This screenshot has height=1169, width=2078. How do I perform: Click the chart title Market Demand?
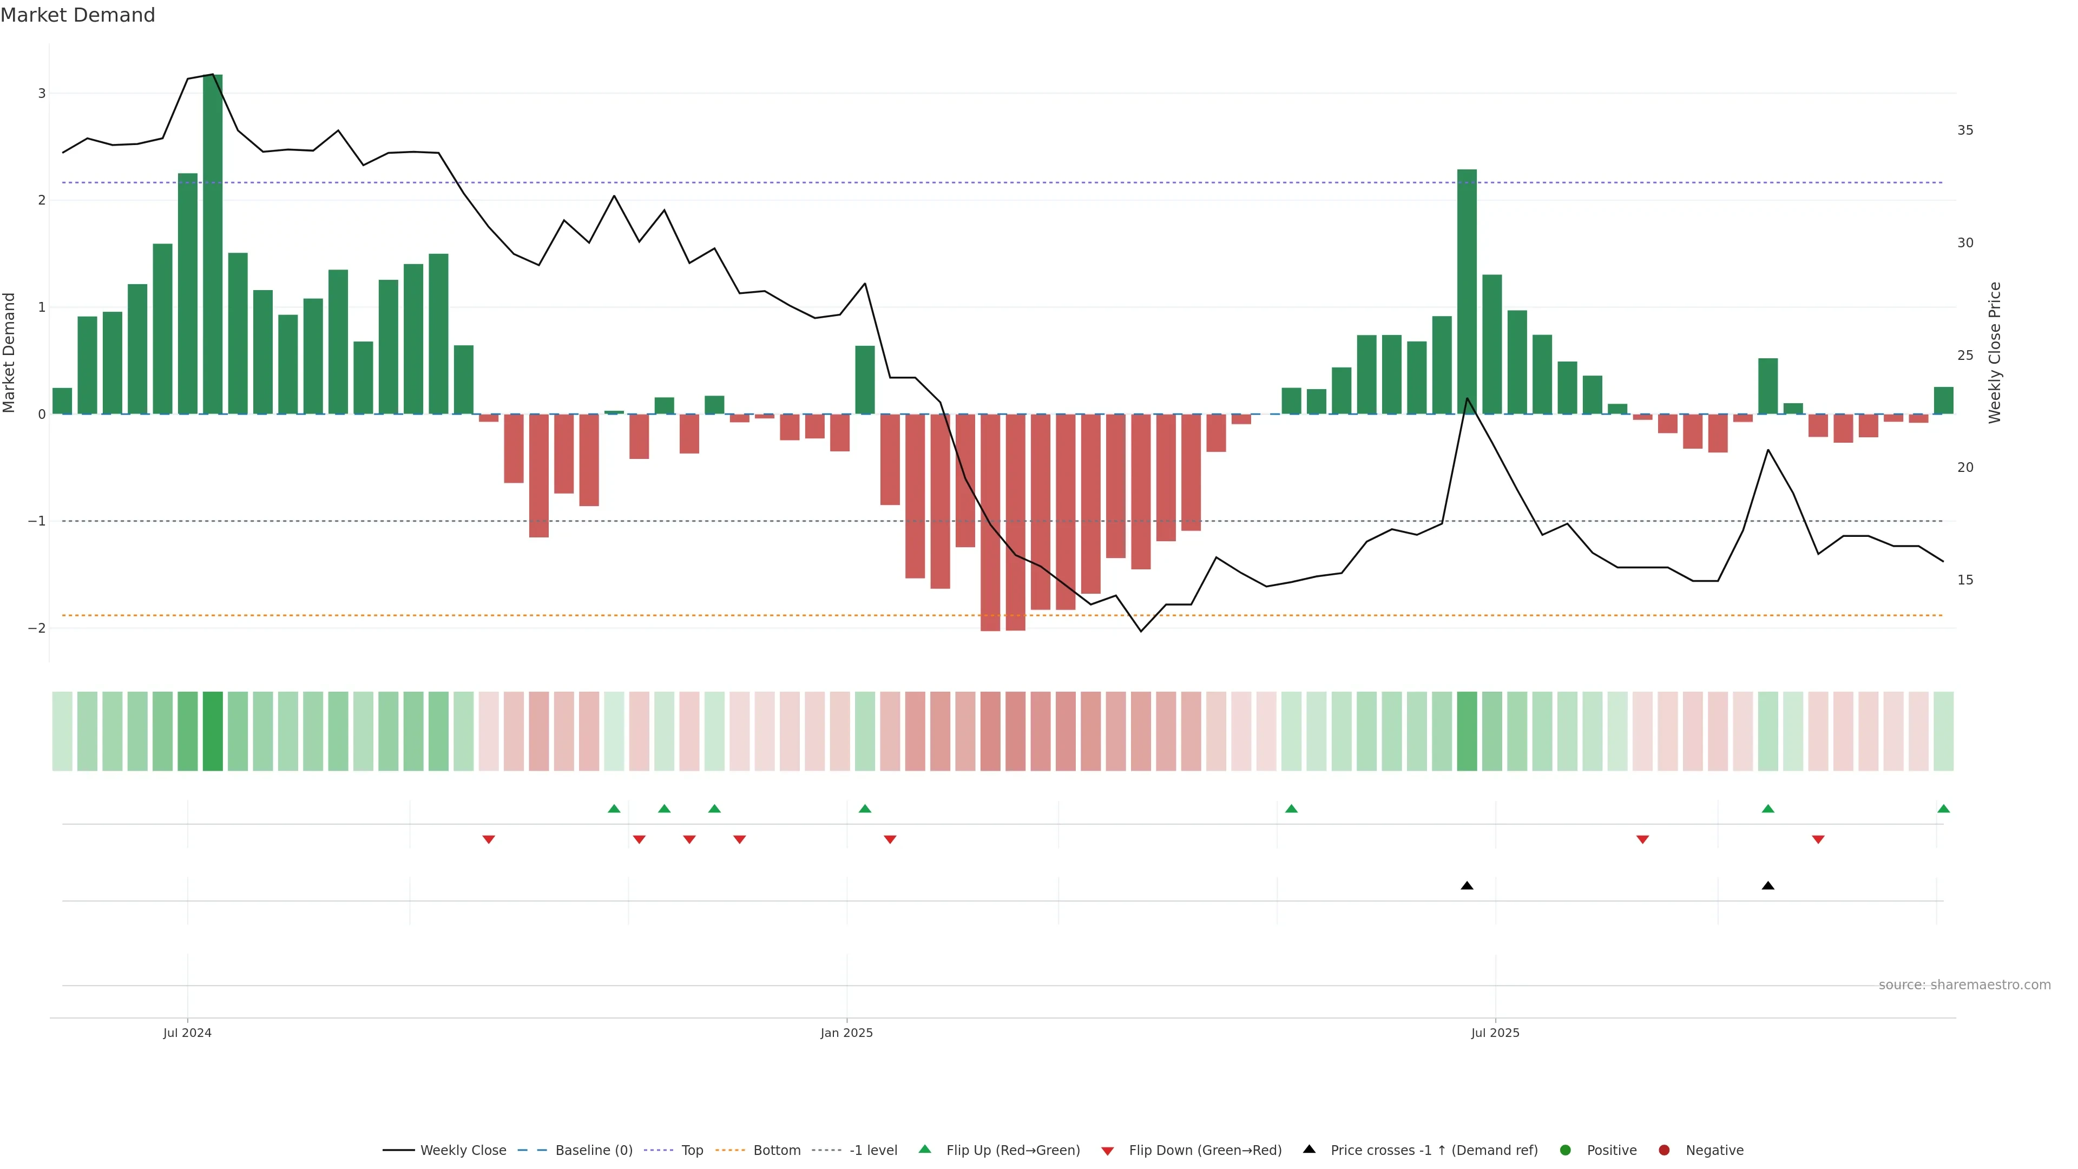(x=77, y=15)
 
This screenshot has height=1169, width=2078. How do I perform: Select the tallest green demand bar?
(x=213, y=242)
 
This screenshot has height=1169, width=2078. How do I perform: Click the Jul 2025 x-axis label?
(x=1495, y=1033)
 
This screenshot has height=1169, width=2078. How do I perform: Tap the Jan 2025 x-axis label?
(x=846, y=1033)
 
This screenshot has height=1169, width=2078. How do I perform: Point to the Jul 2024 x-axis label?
(x=187, y=1033)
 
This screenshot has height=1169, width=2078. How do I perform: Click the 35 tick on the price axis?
(x=1965, y=130)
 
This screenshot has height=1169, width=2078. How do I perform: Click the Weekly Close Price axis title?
(x=1995, y=352)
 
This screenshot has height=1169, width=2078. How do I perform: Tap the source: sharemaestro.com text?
(x=1964, y=985)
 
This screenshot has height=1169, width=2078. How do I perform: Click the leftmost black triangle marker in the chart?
(x=1467, y=886)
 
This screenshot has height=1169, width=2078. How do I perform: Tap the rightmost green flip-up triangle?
(x=1943, y=809)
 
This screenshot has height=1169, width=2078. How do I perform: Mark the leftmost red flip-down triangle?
(x=488, y=840)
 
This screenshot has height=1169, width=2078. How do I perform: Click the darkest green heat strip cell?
(x=213, y=731)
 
